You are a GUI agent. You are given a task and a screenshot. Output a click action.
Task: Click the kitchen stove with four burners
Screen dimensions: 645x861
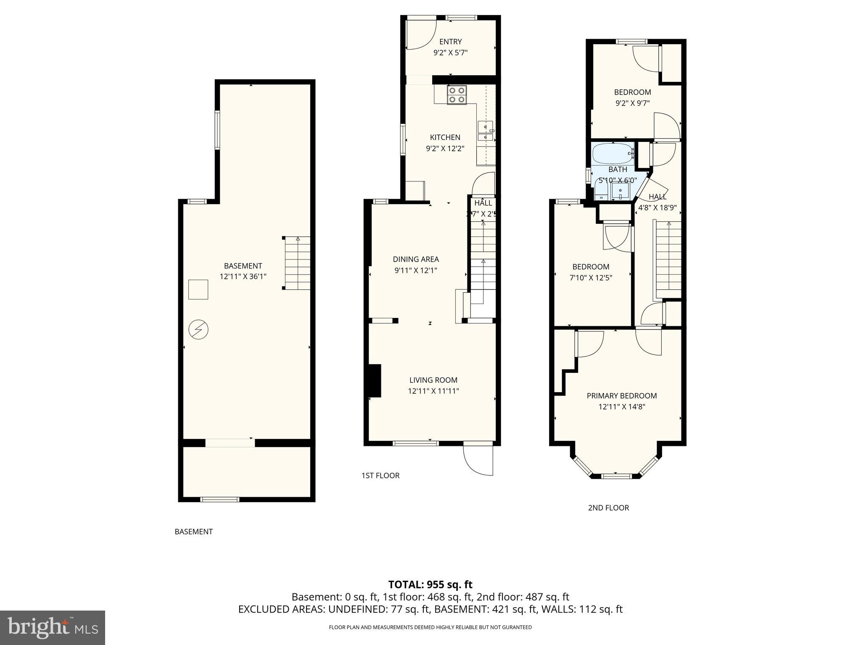click(x=457, y=95)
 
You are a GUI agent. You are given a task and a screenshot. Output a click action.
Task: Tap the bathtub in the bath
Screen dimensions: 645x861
click(x=613, y=154)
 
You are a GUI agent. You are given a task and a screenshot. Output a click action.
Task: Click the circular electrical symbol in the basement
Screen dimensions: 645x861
click(x=198, y=330)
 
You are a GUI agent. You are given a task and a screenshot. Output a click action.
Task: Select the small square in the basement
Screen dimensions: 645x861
click(x=198, y=289)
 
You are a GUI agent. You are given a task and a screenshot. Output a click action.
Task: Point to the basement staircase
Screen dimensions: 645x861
click(x=297, y=263)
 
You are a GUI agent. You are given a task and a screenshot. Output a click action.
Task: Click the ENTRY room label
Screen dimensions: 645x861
click(x=450, y=42)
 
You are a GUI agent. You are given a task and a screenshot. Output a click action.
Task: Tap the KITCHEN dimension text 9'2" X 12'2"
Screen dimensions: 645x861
click(x=445, y=148)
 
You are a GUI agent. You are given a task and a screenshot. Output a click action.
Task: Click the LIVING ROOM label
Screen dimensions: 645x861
click(x=433, y=380)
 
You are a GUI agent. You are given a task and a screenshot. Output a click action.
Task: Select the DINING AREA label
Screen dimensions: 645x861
click(x=415, y=259)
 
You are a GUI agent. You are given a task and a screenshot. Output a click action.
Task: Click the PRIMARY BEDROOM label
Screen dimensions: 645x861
click(x=621, y=396)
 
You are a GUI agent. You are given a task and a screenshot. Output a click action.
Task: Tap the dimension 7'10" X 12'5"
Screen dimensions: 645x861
click(x=590, y=278)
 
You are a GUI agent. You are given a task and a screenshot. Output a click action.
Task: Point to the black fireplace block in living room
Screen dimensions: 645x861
click(x=375, y=380)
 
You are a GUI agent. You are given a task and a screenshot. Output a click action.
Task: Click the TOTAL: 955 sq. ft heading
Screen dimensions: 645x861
click(x=430, y=585)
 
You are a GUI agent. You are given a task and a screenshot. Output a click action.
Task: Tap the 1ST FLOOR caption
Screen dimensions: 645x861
click(x=380, y=475)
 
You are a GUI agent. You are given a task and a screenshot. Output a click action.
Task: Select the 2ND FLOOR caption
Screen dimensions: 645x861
click(x=608, y=508)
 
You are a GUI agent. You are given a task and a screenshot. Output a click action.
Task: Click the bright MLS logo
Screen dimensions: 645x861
click(x=53, y=627)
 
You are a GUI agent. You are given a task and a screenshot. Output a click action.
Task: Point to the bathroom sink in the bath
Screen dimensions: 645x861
click(x=620, y=193)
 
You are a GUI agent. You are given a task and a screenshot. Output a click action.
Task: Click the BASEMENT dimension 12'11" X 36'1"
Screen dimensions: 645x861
click(x=243, y=277)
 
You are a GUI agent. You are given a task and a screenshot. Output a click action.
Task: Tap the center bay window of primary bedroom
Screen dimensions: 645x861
click(x=616, y=476)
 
